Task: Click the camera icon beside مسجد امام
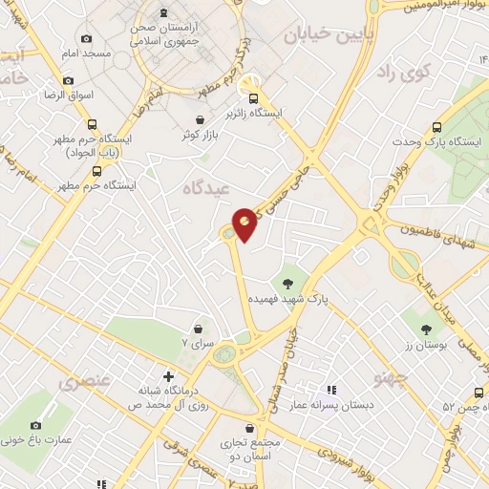coord(87,39)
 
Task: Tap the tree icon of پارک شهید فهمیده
coord(287,282)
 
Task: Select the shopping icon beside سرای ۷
coord(198,328)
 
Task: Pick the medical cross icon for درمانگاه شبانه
coord(168,375)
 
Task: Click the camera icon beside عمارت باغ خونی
coord(36,426)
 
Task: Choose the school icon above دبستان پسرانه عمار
coord(331,390)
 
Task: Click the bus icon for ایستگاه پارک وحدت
coord(437,126)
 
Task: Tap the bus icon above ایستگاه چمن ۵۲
coord(475,392)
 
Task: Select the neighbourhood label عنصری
coord(87,383)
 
